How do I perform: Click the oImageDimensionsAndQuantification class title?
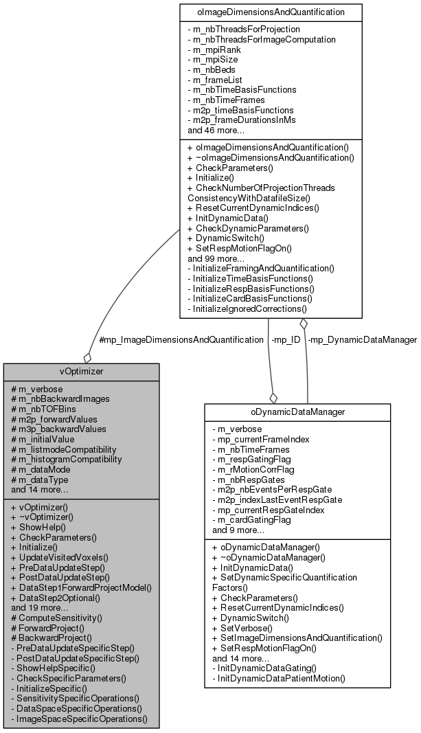point(271,11)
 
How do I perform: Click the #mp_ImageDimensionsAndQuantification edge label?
point(181,339)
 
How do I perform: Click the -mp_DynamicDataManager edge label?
point(363,339)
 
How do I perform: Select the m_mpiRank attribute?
point(218,49)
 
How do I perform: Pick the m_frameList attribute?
point(219,80)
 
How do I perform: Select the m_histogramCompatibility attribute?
point(67,458)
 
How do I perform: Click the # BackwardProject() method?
point(47,638)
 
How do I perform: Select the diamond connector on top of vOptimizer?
point(87,357)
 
